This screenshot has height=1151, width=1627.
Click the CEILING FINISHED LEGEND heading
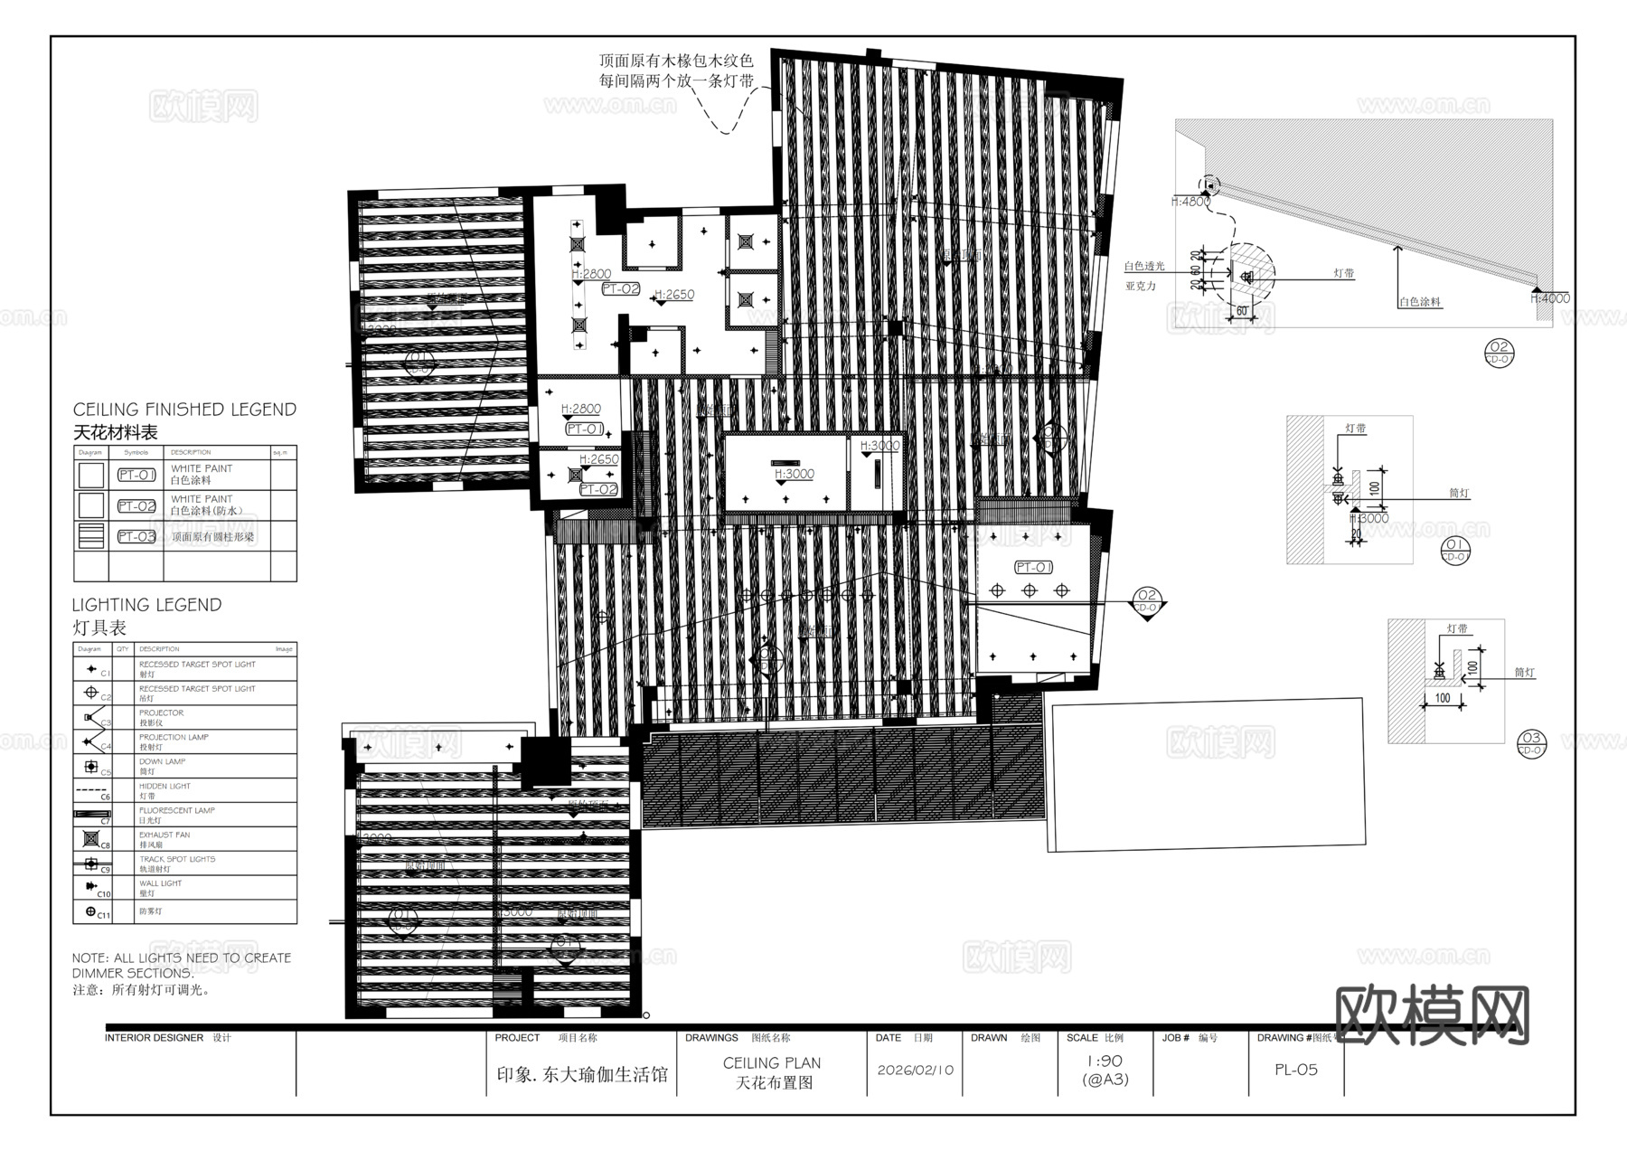pos(184,410)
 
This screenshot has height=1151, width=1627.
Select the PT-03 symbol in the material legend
pos(136,536)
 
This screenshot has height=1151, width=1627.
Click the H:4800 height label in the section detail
pos(1190,202)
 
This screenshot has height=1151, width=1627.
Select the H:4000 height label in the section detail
pos(1551,298)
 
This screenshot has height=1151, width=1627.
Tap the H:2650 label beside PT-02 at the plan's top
pos(674,295)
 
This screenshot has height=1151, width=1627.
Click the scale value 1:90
pos(1105,1061)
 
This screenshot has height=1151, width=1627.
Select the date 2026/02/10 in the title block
pos(915,1070)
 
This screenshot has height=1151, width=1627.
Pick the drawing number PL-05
pos(1295,1070)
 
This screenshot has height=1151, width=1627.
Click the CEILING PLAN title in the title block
pos(771,1063)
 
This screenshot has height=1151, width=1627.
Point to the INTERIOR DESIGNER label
pos(154,1038)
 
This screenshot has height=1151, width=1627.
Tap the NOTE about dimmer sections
pos(182,966)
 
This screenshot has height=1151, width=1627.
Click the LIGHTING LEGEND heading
pos(146,605)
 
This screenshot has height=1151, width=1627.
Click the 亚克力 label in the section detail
pos(1141,286)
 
